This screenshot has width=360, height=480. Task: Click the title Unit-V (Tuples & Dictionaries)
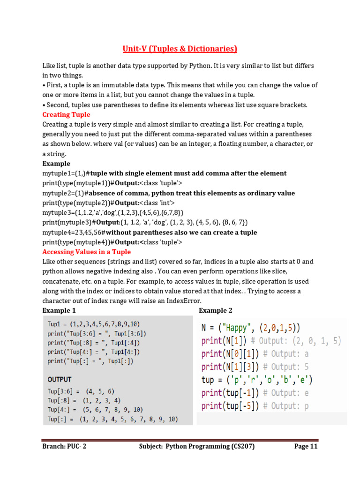(x=180, y=49)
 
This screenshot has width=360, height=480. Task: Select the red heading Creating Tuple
(x=66, y=114)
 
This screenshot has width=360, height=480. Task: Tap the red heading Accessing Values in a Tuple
(x=87, y=252)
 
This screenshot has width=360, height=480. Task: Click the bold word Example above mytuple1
(x=56, y=164)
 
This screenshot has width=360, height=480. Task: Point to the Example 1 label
(x=59, y=310)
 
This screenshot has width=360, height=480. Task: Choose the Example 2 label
(x=216, y=310)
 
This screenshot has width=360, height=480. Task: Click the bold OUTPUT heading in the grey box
(x=60, y=379)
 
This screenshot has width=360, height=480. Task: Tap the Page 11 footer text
(x=306, y=446)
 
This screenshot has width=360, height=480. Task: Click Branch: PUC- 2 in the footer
(x=64, y=446)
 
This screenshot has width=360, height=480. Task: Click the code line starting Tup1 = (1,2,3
(x=94, y=324)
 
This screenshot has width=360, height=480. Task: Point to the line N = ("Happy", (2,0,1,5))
(x=251, y=328)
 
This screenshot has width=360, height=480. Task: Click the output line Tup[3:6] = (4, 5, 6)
(x=81, y=391)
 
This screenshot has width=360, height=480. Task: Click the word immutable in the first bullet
(x=121, y=85)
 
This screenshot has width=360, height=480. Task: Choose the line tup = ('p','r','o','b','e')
(x=257, y=380)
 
